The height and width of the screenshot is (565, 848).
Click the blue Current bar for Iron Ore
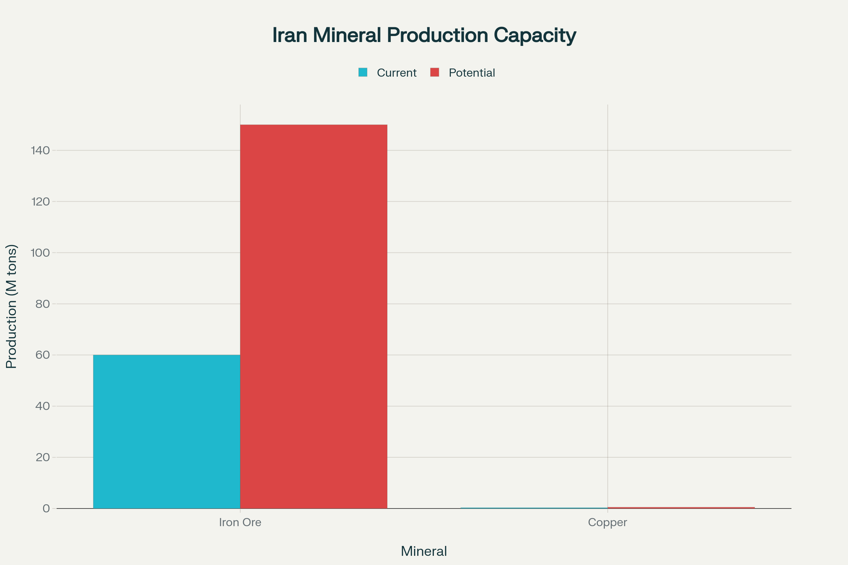[166, 431]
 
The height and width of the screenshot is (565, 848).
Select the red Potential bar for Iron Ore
[314, 316]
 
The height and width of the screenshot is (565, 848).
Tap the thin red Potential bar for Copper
[681, 508]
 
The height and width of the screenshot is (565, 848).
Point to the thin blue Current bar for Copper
[534, 508]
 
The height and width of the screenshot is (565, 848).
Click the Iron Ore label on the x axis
[240, 523]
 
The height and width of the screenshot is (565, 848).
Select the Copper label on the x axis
[607, 523]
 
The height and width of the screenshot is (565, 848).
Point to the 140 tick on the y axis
[40, 151]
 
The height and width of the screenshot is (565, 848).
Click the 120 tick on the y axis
[40, 202]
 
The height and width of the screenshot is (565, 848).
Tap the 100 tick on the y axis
[40, 253]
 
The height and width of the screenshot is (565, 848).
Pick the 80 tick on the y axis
[42, 304]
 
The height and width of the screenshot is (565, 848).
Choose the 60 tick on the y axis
[42, 355]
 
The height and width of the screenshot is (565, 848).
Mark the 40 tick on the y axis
[42, 406]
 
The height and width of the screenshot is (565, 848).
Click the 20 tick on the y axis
[42, 458]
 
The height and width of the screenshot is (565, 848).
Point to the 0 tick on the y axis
[46, 509]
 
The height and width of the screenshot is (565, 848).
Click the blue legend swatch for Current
[363, 72]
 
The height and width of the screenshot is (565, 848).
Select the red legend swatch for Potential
[435, 72]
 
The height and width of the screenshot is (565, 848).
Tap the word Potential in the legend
[472, 73]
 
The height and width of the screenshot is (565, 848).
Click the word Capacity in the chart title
[535, 35]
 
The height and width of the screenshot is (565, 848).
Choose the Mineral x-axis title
[424, 551]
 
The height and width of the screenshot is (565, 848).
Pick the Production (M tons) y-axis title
[12, 306]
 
